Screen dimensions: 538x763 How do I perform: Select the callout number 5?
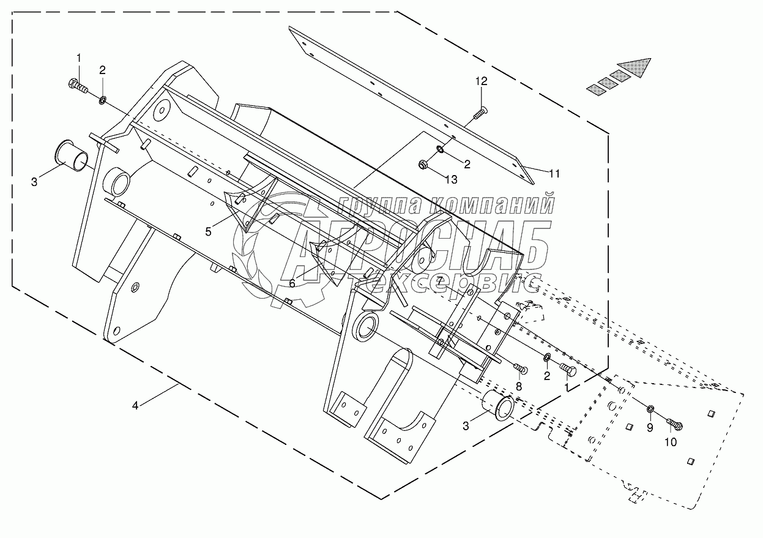(x=209, y=231)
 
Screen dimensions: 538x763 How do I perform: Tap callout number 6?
(x=292, y=283)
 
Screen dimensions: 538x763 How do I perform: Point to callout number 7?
(x=439, y=280)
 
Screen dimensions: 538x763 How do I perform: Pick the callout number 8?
(x=518, y=386)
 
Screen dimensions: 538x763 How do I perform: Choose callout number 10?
(x=671, y=443)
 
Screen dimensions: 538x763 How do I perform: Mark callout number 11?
(x=554, y=173)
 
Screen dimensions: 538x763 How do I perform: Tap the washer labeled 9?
(x=651, y=408)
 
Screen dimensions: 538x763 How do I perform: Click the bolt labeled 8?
(x=521, y=369)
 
